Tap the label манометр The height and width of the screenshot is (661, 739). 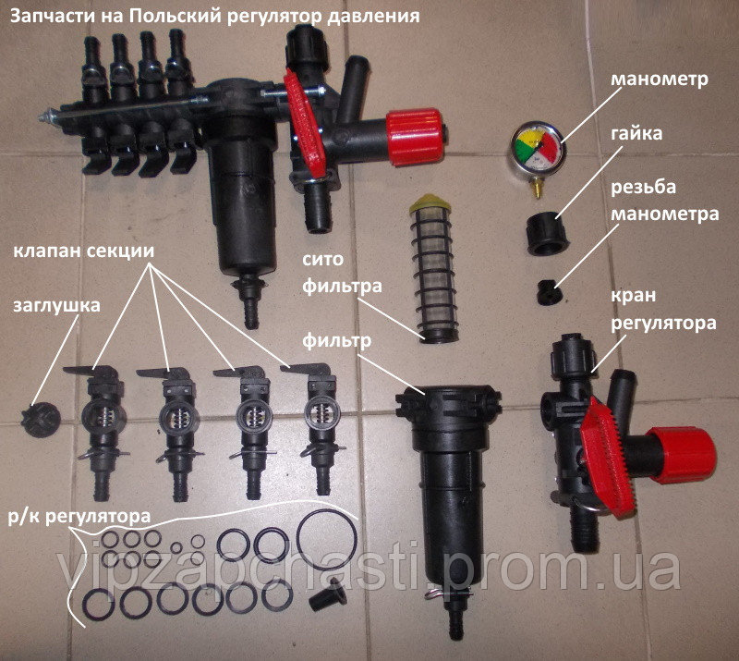click(x=660, y=79)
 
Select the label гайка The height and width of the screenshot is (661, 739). click(x=636, y=133)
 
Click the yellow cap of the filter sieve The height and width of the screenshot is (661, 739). click(x=428, y=202)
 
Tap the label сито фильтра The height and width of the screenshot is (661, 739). click(x=342, y=272)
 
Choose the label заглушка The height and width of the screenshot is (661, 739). click(x=56, y=305)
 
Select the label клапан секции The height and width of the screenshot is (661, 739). click(x=83, y=250)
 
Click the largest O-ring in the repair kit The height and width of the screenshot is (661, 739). click(x=326, y=535)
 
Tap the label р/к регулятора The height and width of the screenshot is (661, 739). click(x=79, y=517)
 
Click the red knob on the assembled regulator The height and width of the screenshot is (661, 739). click(x=414, y=137)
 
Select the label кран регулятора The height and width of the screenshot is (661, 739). click(x=663, y=310)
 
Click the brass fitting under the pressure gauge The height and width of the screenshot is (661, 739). click(x=537, y=187)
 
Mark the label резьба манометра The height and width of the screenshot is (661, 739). click(x=665, y=201)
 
